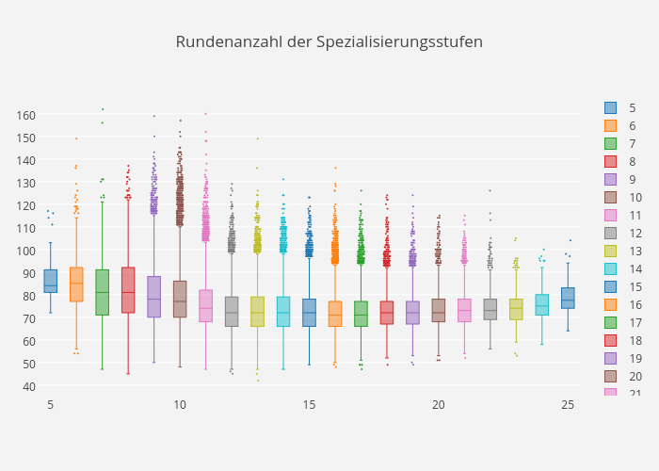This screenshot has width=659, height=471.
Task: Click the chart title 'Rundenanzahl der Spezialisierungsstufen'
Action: tap(329, 42)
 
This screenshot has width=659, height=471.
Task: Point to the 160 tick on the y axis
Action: tap(25, 115)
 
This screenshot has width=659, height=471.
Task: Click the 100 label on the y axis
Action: tap(25, 251)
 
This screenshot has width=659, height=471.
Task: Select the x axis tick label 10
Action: tap(180, 404)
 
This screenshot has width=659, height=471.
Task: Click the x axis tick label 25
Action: tap(568, 404)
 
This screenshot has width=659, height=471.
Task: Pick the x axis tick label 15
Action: tap(309, 404)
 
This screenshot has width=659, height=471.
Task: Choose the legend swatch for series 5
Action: tap(611, 108)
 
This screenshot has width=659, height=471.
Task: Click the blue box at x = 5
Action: tap(50, 281)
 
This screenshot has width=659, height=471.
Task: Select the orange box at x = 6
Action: tap(76, 284)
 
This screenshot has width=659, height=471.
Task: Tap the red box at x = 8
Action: tap(128, 290)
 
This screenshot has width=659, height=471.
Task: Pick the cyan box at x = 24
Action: tap(541, 304)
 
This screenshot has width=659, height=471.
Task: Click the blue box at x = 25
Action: tap(568, 299)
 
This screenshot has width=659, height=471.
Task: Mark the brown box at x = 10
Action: tap(180, 299)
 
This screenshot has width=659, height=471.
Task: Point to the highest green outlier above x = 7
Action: tap(103, 109)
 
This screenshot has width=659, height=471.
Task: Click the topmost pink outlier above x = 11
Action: tap(205, 114)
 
